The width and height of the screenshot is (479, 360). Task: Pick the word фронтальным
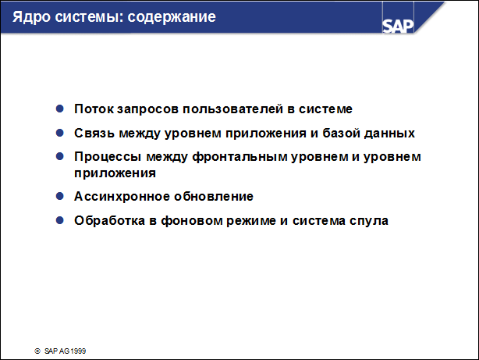pyautogui.click(x=247, y=156)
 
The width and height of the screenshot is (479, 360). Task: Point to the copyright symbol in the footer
pyautogui.click(x=37, y=351)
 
